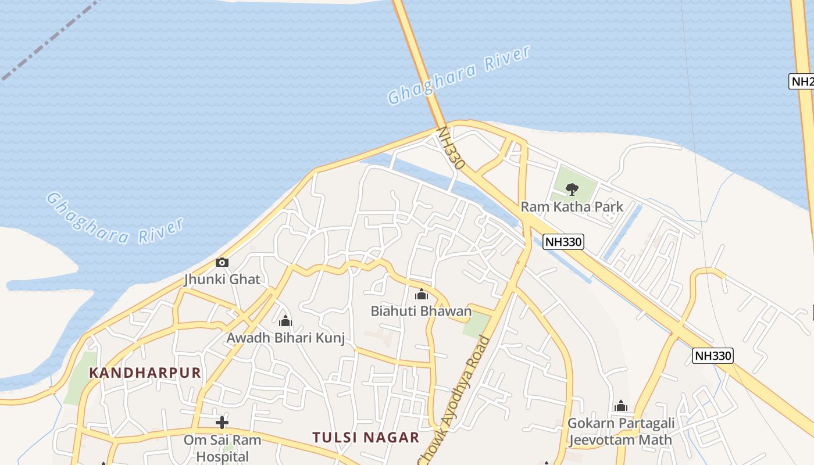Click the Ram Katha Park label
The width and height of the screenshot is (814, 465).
572,206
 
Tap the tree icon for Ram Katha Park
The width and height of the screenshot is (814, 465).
572,189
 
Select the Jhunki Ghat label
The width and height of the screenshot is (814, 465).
222,279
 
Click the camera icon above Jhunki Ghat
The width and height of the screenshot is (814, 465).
222,263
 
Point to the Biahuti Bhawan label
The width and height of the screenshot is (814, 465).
421,311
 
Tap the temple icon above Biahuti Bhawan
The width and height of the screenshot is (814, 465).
422,295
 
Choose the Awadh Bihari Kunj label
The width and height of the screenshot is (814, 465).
285,338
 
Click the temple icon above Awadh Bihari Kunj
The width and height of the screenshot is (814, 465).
285,321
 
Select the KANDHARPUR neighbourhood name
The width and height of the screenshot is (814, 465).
145,373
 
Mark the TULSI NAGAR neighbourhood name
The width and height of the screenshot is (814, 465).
366,438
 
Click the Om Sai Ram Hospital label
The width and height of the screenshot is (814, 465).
222,448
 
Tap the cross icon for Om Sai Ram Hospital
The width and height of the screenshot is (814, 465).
222,423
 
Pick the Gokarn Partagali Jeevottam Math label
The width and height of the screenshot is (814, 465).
620,431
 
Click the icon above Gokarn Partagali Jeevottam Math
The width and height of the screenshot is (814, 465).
620,406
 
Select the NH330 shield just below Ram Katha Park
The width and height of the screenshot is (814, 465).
563,242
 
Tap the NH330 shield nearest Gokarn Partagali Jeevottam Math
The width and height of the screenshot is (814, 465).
712,355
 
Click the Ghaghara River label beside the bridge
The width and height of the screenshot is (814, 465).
459,75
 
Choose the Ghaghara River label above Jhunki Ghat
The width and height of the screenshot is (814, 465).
115,218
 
